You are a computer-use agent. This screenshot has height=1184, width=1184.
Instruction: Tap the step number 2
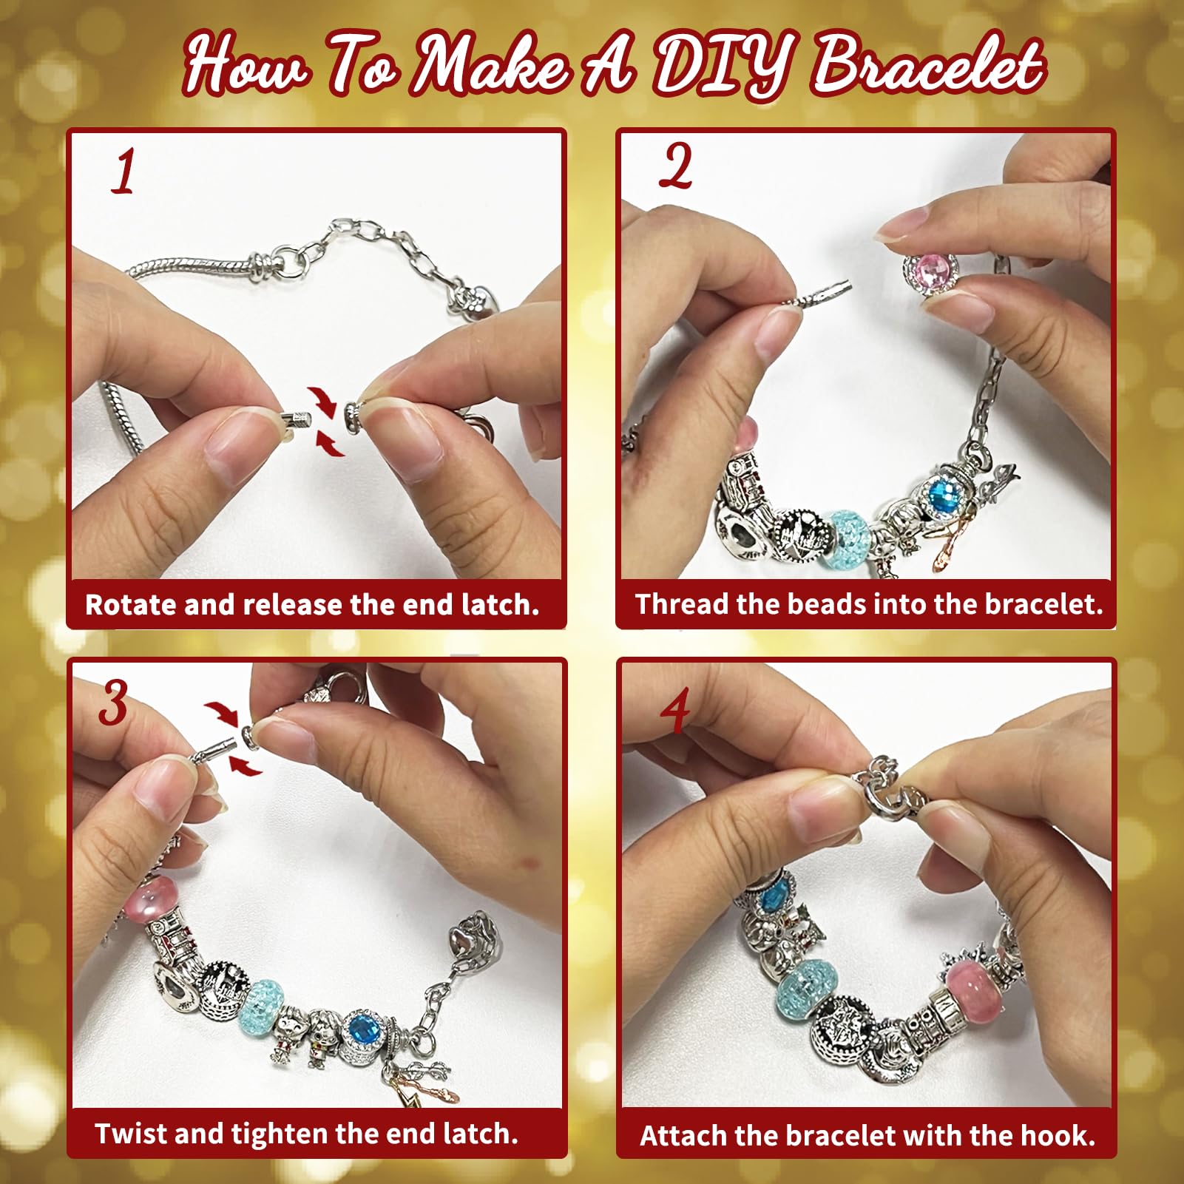tap(675, 166)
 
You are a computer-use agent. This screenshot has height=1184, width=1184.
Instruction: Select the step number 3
tap(113, 702)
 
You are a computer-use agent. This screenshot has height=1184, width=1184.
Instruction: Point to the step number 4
tap(674, 709)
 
